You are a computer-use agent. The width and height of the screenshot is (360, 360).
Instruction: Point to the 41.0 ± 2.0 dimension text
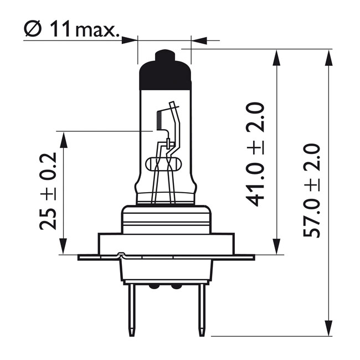click(256, 155)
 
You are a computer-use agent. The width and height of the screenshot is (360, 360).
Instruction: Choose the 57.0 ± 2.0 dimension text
click(312, 191)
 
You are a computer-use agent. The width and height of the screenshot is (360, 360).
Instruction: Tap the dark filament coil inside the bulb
click(161, 119)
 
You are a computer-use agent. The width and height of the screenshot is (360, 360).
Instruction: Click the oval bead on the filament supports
click(163, 164)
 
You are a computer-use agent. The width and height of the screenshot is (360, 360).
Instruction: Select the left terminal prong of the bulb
click(132, 310)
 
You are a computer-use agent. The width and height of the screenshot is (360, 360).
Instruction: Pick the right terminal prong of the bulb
click(202, 310)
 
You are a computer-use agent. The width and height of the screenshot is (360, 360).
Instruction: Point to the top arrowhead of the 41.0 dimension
click(277, 58)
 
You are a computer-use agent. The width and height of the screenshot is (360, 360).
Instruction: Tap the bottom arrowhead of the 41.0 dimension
click(277, 246)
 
